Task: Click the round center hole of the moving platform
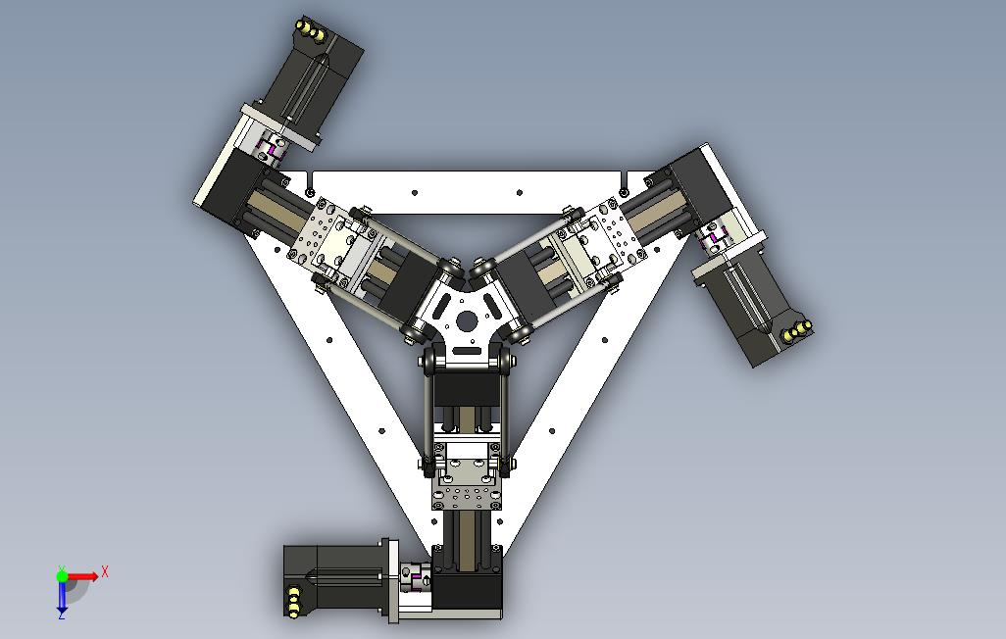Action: [x=467, y=319]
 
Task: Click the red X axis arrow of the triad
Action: [x=83, y=576]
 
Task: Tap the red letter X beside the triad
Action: [x=105, y=571]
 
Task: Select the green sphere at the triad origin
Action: [x=62, y=576]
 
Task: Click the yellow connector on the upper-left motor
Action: [x=309, y=28]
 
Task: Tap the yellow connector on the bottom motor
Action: [x=293, y=602]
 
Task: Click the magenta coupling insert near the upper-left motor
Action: [x=272, y=150]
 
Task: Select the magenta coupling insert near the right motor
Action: [x=714, y=238]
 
